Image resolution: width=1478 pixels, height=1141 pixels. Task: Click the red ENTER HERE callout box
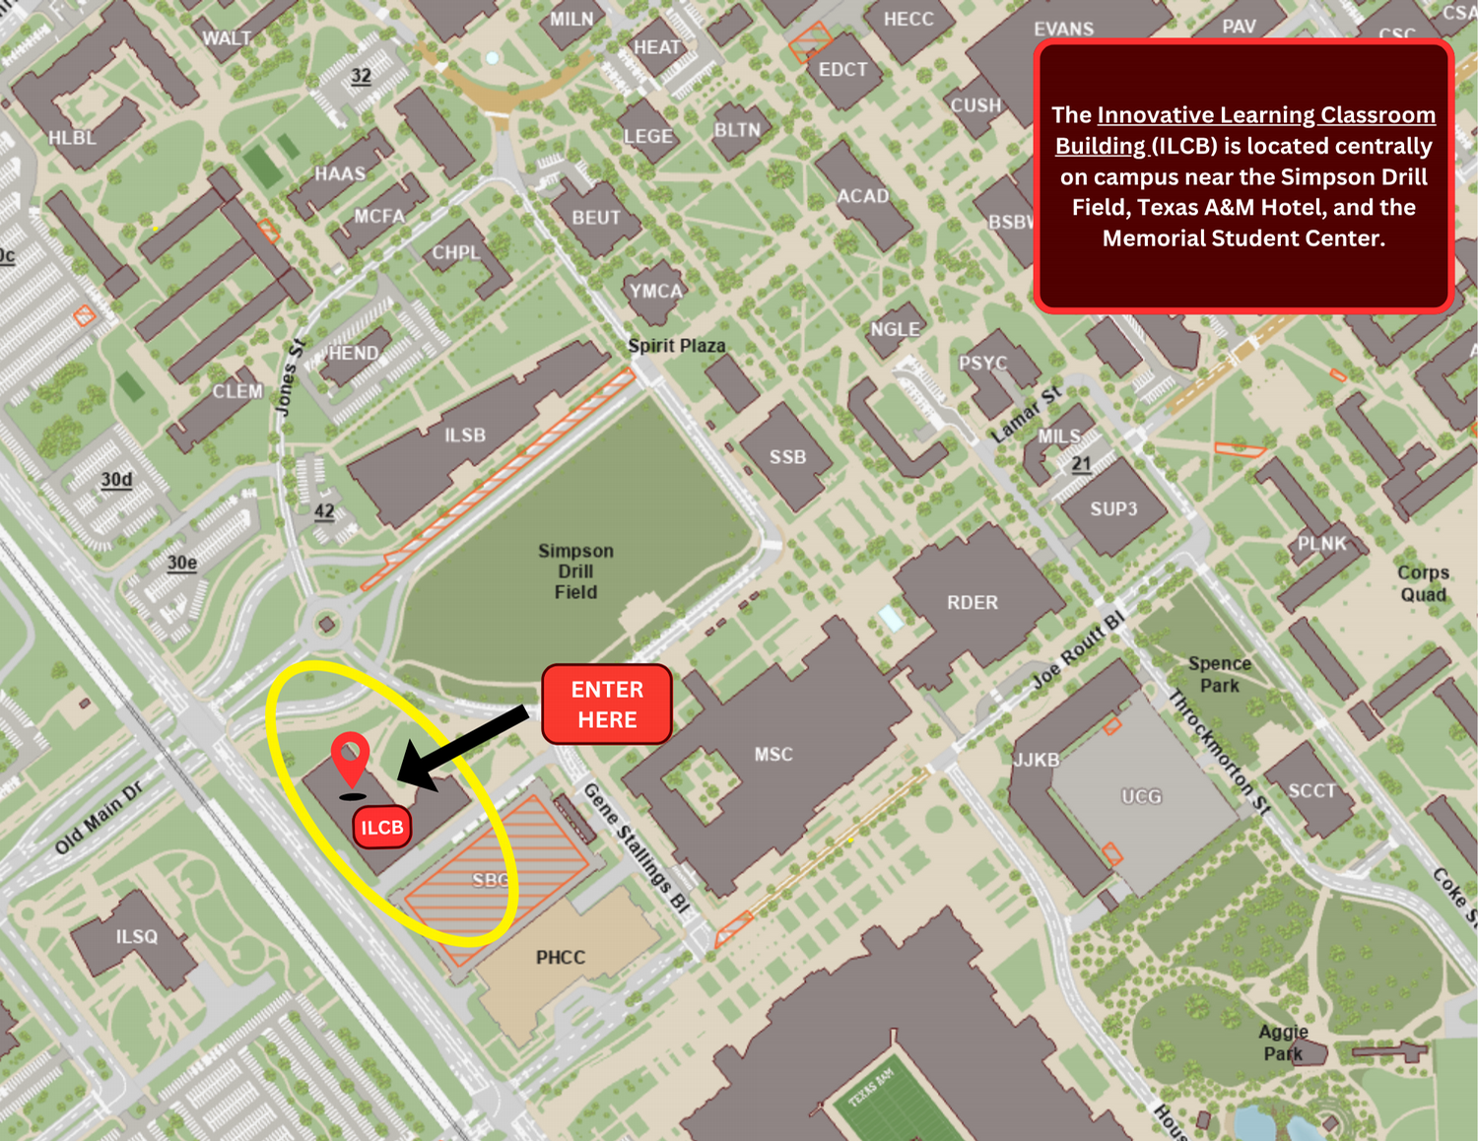(x=607, y=704)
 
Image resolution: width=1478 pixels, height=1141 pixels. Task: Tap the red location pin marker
(x=350, y=759)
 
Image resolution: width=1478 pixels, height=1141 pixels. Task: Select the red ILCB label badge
(x=382, y=827)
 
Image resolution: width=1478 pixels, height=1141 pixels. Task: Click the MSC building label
(x=773, y=754)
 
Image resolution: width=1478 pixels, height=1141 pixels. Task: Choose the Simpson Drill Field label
(x=575, y=571)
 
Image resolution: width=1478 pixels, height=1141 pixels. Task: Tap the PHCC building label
(x=561, y=957)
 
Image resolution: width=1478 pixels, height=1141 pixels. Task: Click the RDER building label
(x=973, y=602)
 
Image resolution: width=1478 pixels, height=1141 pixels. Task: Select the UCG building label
(x=1142, y=796)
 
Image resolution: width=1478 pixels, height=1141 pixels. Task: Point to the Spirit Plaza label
(x=677, y=346)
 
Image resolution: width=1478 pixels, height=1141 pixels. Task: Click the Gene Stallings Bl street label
(x=637, y=847)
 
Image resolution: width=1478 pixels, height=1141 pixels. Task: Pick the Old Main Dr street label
(x=99, y=818)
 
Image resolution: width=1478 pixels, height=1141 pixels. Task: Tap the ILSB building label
(x=465, y=435)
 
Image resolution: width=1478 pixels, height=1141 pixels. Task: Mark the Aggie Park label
(x=1283, y=1042)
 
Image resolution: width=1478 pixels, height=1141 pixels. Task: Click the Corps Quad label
(x=1423, y=583)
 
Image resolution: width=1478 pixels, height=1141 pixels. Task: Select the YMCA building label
(x=656, y=291)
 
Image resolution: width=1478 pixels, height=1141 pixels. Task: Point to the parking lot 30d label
(x=116, y=480)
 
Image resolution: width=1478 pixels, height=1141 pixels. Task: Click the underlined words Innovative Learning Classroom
(x=1266, y=115)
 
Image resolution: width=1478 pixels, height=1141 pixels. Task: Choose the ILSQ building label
(x=137, y=936)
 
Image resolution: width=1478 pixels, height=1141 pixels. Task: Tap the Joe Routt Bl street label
(x=1078, y=650)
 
